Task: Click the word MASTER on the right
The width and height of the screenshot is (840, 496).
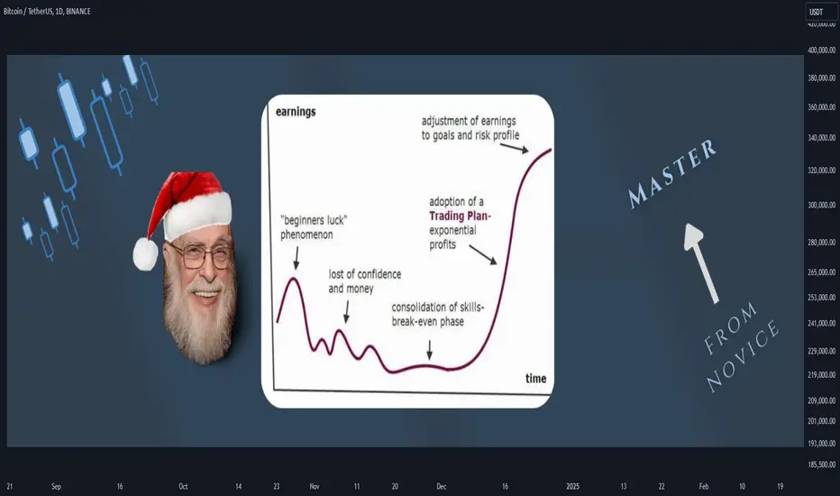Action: tap(672, 173)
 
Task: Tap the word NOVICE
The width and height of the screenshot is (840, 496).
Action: tap(743, 356)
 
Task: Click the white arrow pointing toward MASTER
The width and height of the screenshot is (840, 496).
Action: tap(701, 263)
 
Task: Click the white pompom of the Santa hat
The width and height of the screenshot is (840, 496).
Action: tap(146, 253)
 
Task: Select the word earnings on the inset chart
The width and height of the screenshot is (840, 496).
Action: tap(296, 112)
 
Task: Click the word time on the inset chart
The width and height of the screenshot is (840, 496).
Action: tap(535, 379)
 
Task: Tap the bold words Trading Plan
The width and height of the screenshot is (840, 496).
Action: tap(460, 216)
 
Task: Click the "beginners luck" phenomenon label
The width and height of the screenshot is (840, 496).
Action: tap(314, 227)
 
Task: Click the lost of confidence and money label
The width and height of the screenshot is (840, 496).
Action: tap(365, 281)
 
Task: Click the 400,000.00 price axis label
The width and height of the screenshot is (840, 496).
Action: tap(821, 50)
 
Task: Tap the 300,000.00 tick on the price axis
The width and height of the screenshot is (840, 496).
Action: tap(821, 205)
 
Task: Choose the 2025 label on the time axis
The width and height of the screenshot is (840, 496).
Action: tap(572, 486)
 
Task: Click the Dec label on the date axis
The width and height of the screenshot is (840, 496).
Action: tap(441, 486)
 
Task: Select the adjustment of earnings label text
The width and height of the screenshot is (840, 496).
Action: tap(470, 128)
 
